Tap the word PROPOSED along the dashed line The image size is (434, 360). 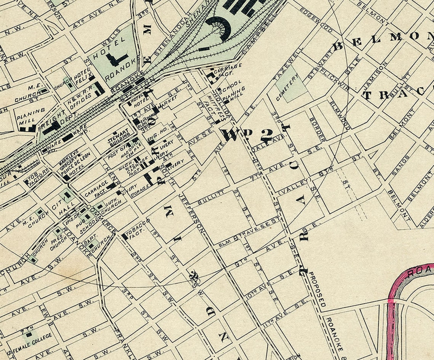(x=317, y=289)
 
